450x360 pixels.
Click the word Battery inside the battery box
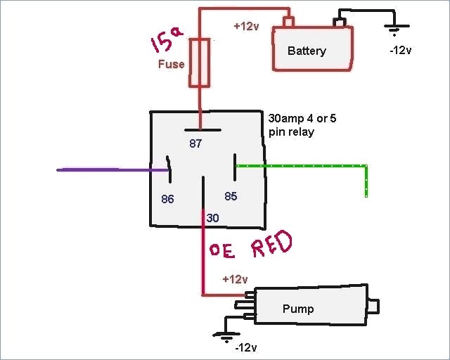pos(307,51)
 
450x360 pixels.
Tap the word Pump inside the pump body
pos(297,309)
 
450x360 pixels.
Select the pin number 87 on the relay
pos(195,143)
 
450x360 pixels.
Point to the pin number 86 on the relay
pos(167,199)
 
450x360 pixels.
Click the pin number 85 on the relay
pos(231,195)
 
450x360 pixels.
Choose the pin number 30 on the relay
pos(213,219)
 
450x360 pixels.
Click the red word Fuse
pos(171,65)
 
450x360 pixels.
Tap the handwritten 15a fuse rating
pos(166,43)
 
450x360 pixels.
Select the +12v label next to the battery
pos(247,26)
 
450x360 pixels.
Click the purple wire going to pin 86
pos(105,169)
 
